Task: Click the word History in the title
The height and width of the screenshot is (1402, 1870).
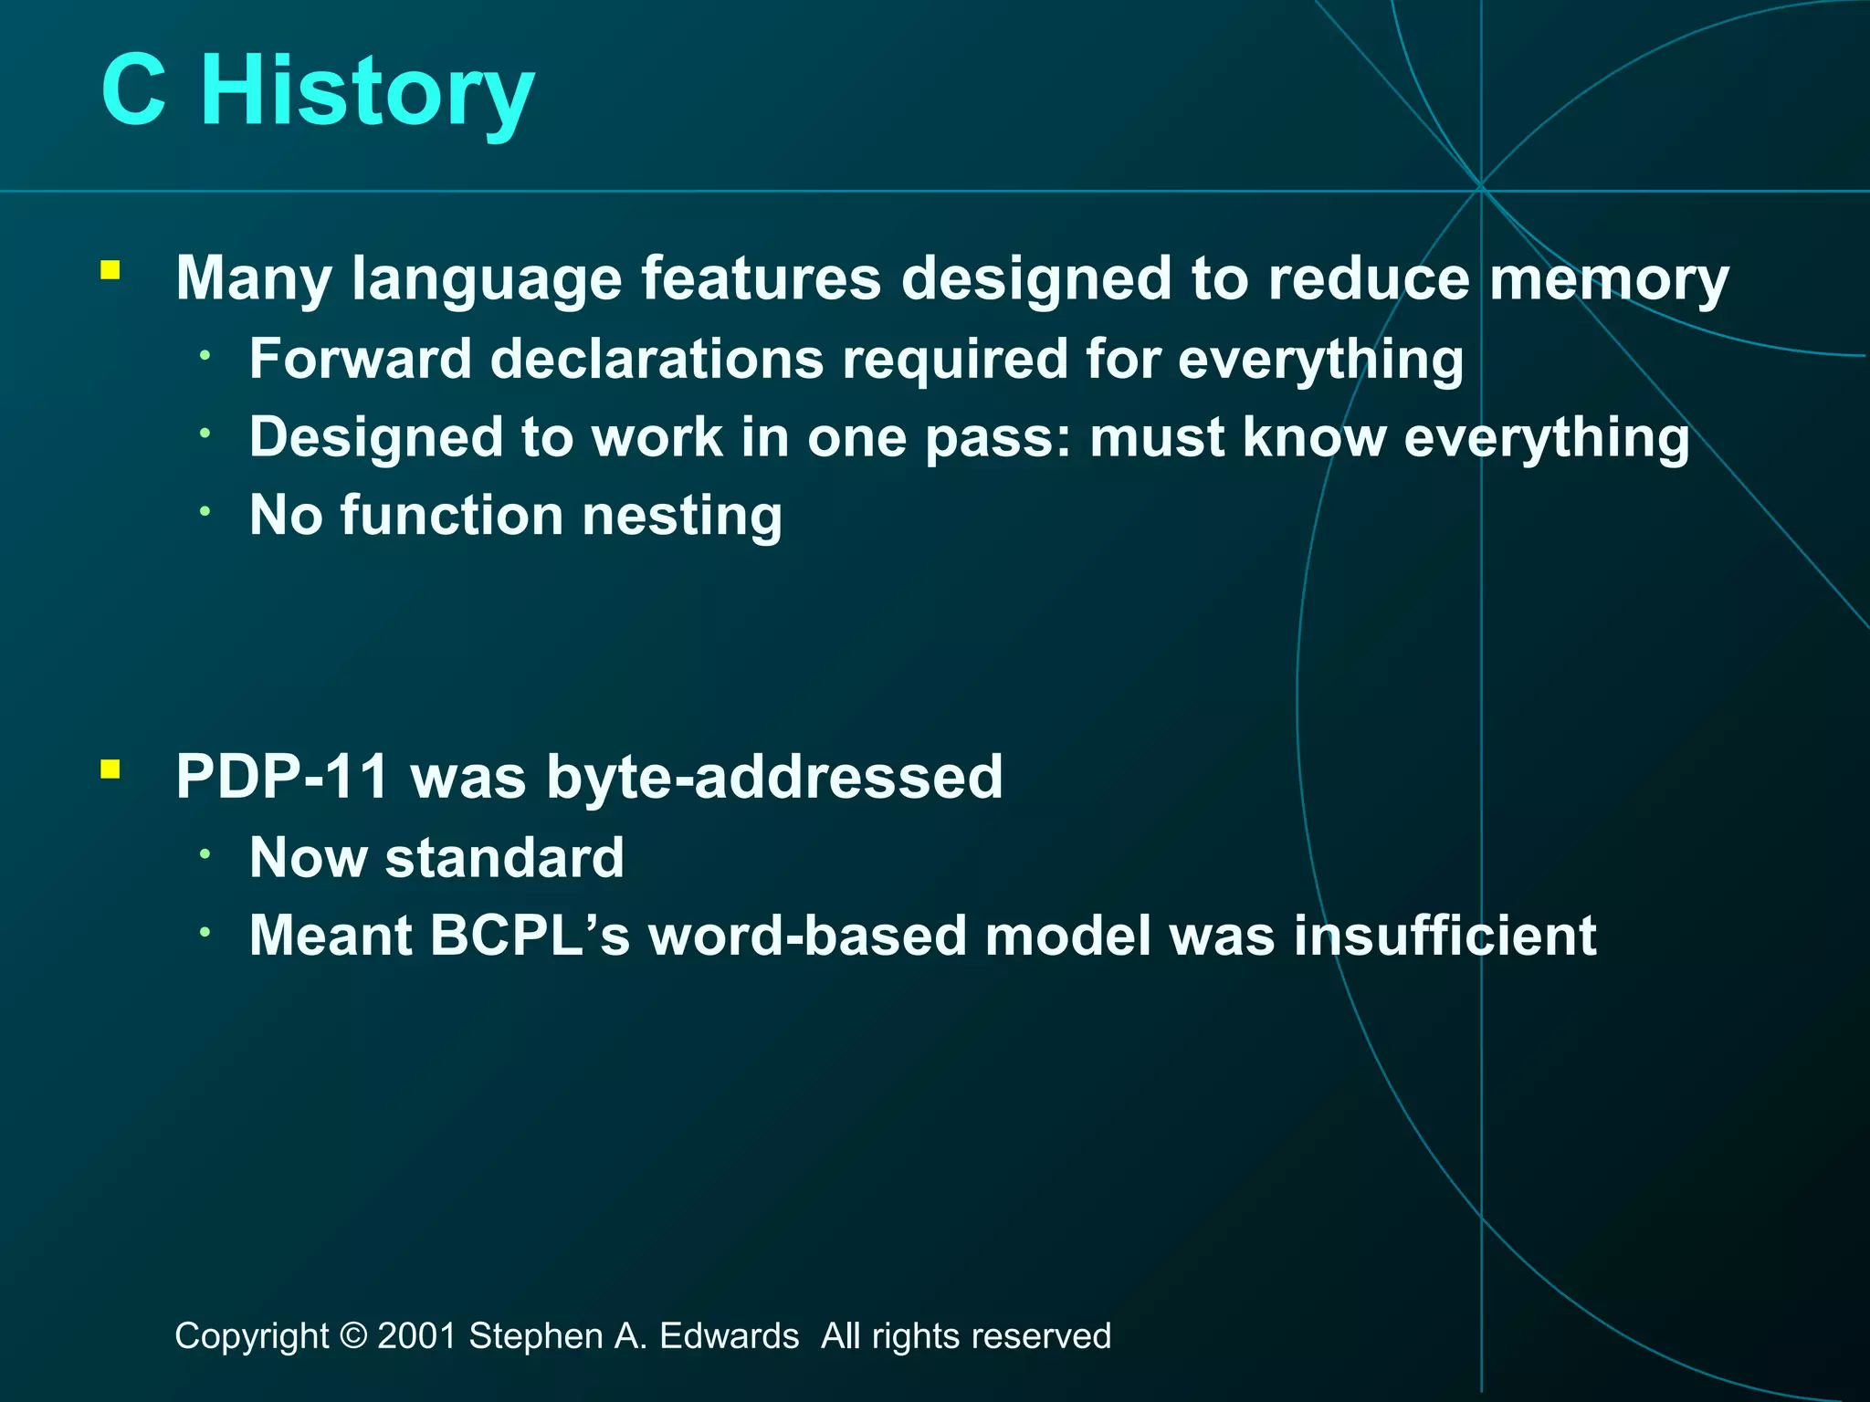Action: tap(367, 91)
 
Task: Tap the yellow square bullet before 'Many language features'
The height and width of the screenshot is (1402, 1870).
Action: tap(110, 270)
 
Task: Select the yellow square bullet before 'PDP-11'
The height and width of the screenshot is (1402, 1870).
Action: tap(110, 769)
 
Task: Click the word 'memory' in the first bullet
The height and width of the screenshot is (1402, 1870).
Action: tap(1609, 279)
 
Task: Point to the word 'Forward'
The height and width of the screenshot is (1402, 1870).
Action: tap(360, 358)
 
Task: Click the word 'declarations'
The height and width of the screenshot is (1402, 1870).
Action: tap(657, 358)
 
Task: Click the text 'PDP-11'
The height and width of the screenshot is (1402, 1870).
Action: tap(282, 777)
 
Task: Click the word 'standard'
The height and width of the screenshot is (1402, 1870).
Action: tap(505, 858)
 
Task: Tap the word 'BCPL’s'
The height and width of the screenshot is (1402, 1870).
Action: tap(530, 936)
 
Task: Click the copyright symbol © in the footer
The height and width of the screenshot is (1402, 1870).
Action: tap(352, 1336)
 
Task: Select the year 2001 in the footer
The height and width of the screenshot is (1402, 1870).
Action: tap(416, 1336)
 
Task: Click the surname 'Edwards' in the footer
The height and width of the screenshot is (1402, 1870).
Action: tap(729, 1336)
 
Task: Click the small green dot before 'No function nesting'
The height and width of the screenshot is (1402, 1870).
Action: tap(206, 511)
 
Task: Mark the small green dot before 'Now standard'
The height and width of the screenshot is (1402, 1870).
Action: tap(206, 853)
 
